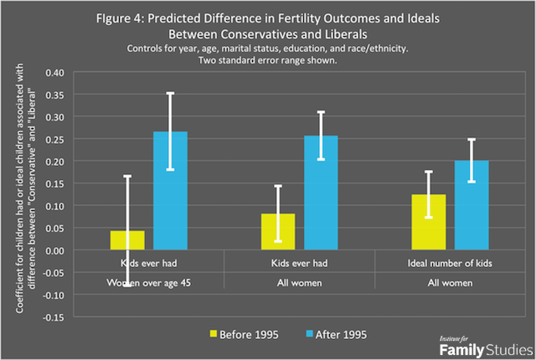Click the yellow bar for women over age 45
coord(127,240)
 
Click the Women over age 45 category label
coord(149,282)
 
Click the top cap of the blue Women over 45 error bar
coord(171,93)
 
